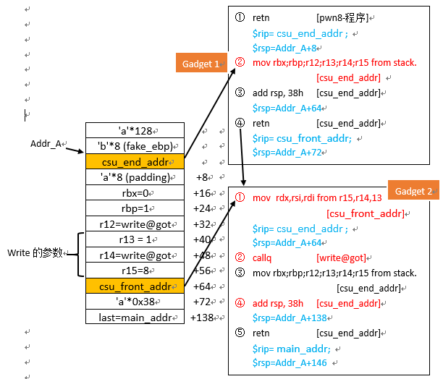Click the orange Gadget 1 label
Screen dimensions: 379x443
pos(201,63)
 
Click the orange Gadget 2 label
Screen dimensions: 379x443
pos(413,191)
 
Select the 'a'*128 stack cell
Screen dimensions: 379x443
pos(135,130)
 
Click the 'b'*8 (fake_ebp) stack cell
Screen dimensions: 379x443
pos(135,145)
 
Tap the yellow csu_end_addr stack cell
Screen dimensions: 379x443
pos(135,161)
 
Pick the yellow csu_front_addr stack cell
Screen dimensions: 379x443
pos(135,286)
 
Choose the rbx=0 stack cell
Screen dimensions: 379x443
pos(135,193)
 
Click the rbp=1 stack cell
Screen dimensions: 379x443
pos(135,208)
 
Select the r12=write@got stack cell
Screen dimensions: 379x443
pos(135,224)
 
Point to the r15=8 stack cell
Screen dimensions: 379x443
pos(135,271)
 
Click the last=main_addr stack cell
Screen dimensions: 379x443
pos(135,318)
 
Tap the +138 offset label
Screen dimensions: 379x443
pos(203,318)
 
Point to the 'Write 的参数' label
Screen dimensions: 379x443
pos(34,252)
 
